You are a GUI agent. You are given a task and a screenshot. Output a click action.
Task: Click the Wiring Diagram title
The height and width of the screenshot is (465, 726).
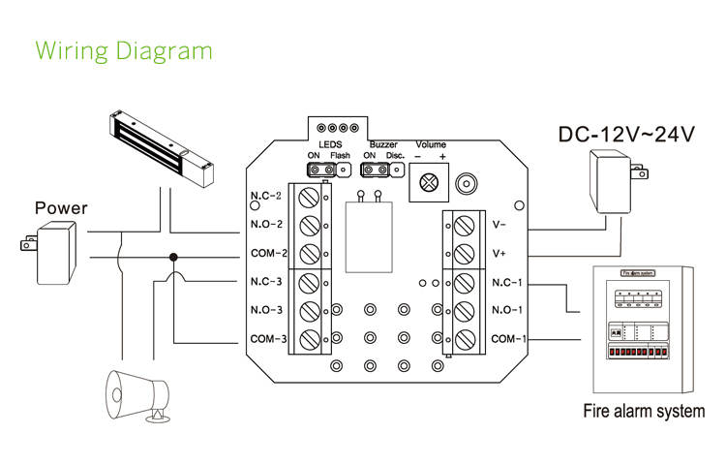tap(123, 50)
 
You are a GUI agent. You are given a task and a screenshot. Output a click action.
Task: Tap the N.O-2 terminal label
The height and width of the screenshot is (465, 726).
tap(266, 225)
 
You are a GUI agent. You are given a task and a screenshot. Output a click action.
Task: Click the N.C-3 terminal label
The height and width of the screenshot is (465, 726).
tap(266, 282)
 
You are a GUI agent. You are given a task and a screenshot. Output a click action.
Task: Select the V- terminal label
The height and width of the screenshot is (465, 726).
tap(499, 225)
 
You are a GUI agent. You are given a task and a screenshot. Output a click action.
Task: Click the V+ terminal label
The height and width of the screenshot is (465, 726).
tap(499, 254)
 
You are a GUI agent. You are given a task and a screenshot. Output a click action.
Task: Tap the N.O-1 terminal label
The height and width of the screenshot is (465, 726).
tap(507, 310)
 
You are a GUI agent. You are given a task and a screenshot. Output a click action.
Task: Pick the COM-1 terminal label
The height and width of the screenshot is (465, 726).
tap(508, 339)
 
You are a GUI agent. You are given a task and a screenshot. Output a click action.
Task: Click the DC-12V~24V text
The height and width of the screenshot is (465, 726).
tap(626, 135)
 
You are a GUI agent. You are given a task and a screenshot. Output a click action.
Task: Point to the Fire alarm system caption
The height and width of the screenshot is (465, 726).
tap(644, 411)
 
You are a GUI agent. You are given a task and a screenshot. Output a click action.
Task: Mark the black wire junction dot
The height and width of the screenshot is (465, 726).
tap(173, 258)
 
